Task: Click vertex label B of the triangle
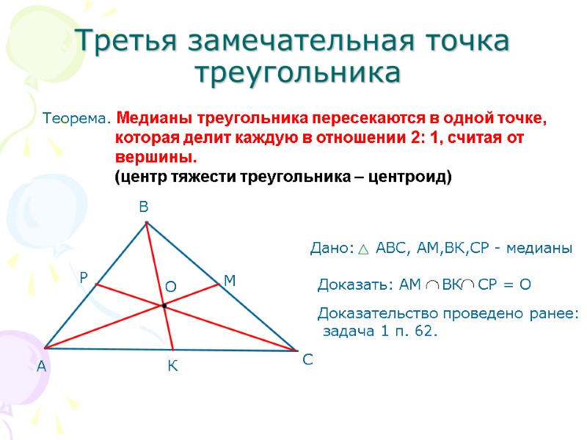pyautogui.click(x=144, y=209)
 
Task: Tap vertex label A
pyautogui.click(x=41, y=366)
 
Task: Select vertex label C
pyautogui.click(x=307, y=360)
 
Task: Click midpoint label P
pyautogui.click(x=84, y=278)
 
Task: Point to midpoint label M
pyautogui.click(x=229, y=281)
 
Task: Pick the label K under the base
pyautogui.click(x=172, y=365)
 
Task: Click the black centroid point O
pyautogui.click(x=164, y=306)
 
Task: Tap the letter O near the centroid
pyautogui.click(x=170, y=287)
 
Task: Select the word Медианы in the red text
pyautogui.click(x=148, y=118)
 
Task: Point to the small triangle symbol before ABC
pyautogui.click(x=364, y=250)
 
